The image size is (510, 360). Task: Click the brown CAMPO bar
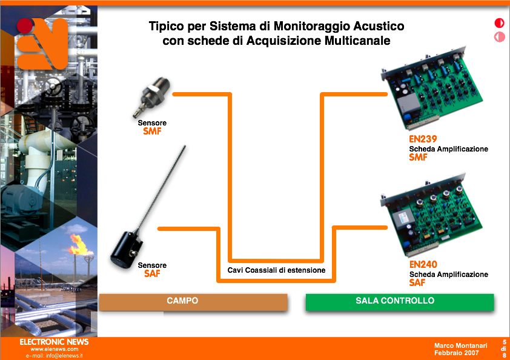193,302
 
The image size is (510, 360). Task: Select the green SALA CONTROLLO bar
400,302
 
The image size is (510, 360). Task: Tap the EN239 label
423,139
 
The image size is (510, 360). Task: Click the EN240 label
423,264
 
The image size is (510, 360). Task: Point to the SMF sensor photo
151,96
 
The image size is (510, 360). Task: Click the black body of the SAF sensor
126,249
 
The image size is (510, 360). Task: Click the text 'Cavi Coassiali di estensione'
276,270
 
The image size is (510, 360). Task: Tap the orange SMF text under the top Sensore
152,131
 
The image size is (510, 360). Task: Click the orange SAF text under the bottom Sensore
152,273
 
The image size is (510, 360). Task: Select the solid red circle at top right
499,23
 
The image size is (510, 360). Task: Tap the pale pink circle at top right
499,37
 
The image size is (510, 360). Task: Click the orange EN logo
42,44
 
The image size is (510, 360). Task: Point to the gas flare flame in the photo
79,245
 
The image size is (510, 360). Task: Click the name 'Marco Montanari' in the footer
460,345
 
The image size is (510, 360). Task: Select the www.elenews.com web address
55,349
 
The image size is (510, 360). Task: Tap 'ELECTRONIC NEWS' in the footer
54,342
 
